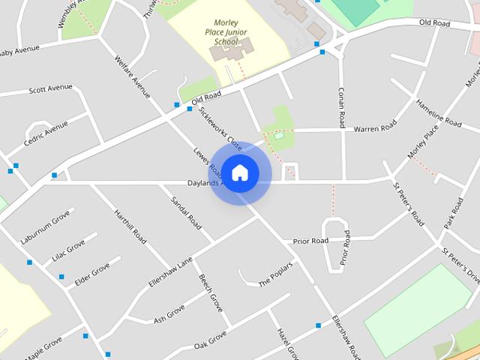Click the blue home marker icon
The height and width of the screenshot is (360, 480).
(x=240, y=173)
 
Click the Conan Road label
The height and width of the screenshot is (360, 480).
(x=340, y=106)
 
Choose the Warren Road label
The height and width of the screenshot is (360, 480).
(x=375, y=128)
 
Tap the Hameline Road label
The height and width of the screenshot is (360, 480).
(x=439, y=112)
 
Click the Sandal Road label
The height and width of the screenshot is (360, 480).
(x=187, y=212)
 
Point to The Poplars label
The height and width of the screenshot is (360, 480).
(x=274, y=279)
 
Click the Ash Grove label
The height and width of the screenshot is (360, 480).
(x=169, y=314)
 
